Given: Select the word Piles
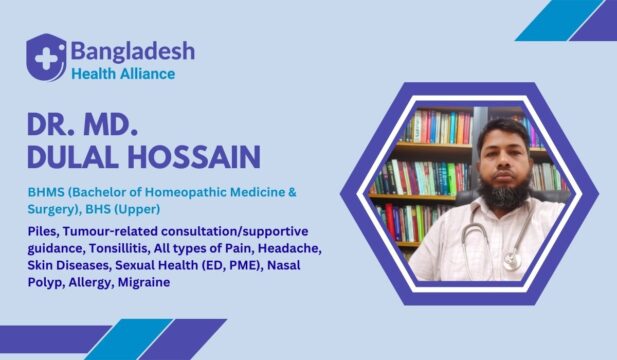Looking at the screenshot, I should tap(45, 231).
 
